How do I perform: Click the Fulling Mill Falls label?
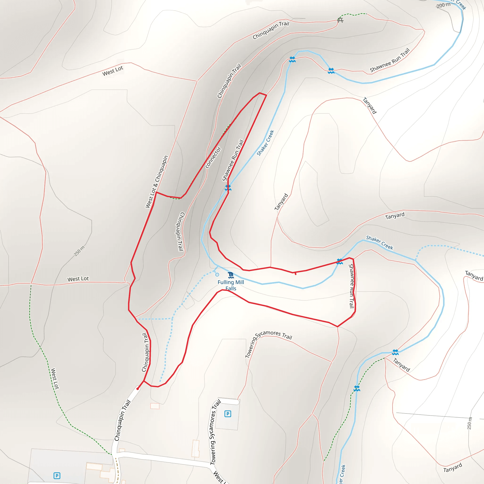coord(231,285)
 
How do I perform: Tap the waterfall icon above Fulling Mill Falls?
coord(231,275)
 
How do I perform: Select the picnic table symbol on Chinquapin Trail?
coord(340,20)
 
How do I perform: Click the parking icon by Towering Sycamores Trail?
coord(228,414)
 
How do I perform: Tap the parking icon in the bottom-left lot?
coord(57,475)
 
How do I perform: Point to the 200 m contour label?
coord(443,5)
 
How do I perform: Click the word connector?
coord(213,157)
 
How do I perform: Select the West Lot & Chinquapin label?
coord(157,182)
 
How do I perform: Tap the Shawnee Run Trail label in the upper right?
coord(390,60)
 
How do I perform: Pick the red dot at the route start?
coord(138,389)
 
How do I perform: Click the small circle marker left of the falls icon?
coord(217,275)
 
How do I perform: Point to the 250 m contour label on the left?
coord(79,251)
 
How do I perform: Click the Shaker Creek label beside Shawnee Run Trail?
coord(265,143)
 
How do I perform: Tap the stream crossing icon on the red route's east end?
coord(339,261)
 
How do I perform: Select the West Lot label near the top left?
coord(113,71)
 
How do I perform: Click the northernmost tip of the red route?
coord(260,93)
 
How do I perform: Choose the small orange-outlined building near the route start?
coord(155,406)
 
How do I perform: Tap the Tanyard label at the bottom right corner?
coord(452,467)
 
